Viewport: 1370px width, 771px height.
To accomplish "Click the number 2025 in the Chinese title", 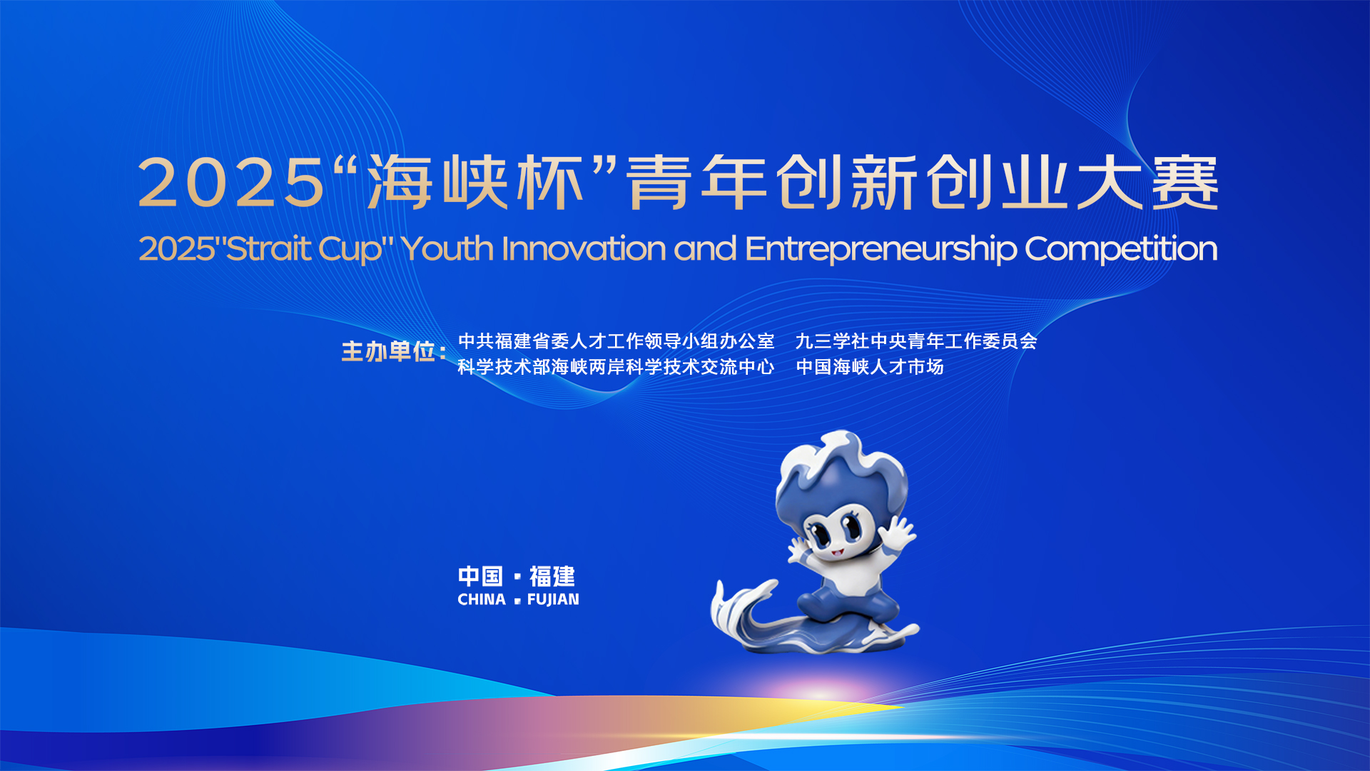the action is click(x=231, y=183).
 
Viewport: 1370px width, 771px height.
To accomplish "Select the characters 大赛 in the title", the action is click(x=1147, y=183).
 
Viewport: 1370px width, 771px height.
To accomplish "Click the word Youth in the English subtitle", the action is click(x=447, y=248).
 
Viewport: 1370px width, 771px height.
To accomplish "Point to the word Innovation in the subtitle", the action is click(x=584, y=248).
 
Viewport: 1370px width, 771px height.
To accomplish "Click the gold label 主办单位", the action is click(x=389, y=351).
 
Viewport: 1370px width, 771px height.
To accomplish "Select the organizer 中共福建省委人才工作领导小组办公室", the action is click(x=616, y=341).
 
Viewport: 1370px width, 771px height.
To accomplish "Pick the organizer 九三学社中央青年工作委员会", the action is click(x=916, y=341).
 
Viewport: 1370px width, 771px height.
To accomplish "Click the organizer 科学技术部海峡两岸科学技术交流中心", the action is click(x=616, y=367).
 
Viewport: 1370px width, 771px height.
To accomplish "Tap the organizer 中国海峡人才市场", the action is click(x=870, y=367).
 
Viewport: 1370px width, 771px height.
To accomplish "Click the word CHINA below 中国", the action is click(x=482, y=600).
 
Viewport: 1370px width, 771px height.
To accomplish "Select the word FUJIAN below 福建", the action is click(x=553, y=600).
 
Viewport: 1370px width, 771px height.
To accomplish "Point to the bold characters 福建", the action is click(x=552, y=576).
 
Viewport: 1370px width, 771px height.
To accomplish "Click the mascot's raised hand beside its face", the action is click(x=899, y=533).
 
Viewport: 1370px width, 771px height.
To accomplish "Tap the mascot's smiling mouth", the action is click(x=836, y=551).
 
